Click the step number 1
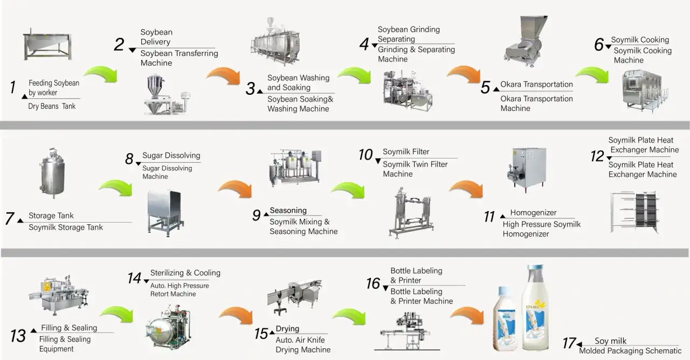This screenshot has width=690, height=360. tap(12, 87)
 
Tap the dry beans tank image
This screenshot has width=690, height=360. tap(47, 46)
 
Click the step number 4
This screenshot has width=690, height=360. tap(364, 44)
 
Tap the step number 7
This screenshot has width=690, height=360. tap(10, 219)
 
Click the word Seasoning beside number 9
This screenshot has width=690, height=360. tap(288, 211)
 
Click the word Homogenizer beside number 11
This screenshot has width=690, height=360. tap(533, 213)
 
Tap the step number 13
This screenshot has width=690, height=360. tap(18, 336)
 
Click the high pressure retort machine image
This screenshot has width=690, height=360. tap(168, 327)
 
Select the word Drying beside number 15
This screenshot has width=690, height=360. tap(287, 329)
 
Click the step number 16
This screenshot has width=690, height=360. tap(373, 283)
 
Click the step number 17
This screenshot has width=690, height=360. tap(568, 343)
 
